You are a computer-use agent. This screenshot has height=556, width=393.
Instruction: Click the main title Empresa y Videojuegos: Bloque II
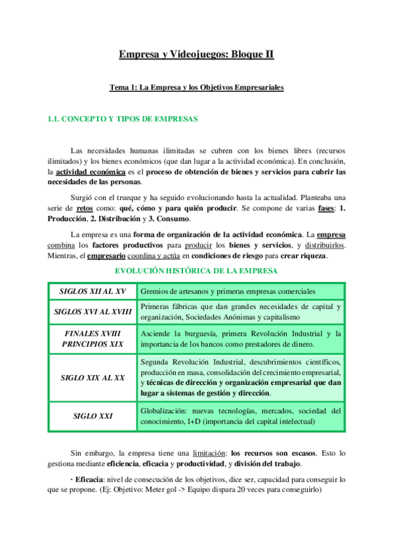(196, 55)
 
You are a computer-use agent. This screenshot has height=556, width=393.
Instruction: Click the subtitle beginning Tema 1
(196, 87)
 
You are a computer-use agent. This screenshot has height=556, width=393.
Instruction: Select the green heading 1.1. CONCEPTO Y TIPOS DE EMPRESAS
(123, 119)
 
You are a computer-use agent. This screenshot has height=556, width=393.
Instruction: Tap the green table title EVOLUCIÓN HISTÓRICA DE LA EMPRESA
(196, 271)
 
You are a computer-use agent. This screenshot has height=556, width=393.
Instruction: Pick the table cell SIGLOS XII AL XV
(93, 291)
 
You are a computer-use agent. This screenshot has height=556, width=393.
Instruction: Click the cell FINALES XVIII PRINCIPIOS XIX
(93, 338)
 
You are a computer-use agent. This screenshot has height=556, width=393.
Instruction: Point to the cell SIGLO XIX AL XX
(93, 378)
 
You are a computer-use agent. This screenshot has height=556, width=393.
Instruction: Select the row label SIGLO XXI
(93, 416)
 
